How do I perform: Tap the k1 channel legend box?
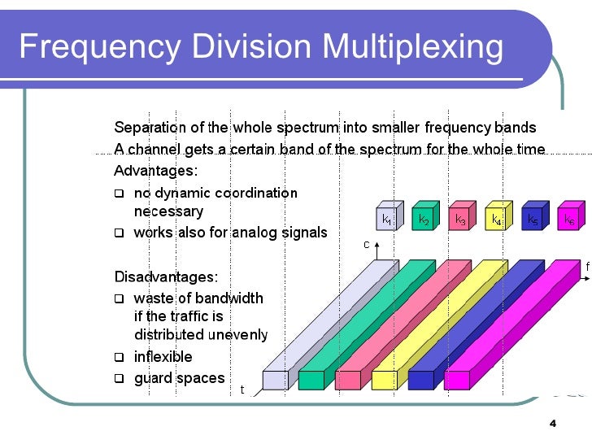[387, 218]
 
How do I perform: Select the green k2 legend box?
[423, 218]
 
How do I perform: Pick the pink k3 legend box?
[459, 218]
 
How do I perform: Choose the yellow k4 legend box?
[495, 218]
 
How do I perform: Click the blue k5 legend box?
[531, 218]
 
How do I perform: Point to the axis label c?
[366, 244]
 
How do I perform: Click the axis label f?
[587, 266]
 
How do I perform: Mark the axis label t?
[242, 390]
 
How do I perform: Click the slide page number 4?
[552, 424]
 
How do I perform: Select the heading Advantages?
[155, 172]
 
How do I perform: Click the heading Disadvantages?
[166, 277]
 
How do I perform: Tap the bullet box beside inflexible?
[119, 357]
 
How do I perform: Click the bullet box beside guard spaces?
[119, 378]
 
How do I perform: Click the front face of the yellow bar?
[384, 380]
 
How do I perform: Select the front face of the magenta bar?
[456, 380]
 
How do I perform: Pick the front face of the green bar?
[311, 380]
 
